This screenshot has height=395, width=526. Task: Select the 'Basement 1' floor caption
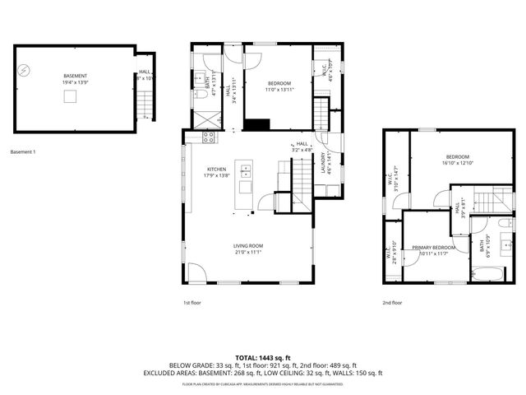[22, 151]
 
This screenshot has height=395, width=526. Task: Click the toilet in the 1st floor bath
[201, 99]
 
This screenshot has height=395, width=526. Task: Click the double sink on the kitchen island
[245, 171]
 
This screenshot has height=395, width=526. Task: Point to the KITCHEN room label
[215, 170]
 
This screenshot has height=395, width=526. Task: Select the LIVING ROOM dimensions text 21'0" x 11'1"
[247, 252]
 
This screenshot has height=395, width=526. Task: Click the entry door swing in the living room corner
[196, 272]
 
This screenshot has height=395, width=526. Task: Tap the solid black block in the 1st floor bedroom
[258, 125]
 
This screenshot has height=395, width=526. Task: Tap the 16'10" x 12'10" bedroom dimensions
[458, 163]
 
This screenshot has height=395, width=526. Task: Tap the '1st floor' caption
[192, 303]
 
